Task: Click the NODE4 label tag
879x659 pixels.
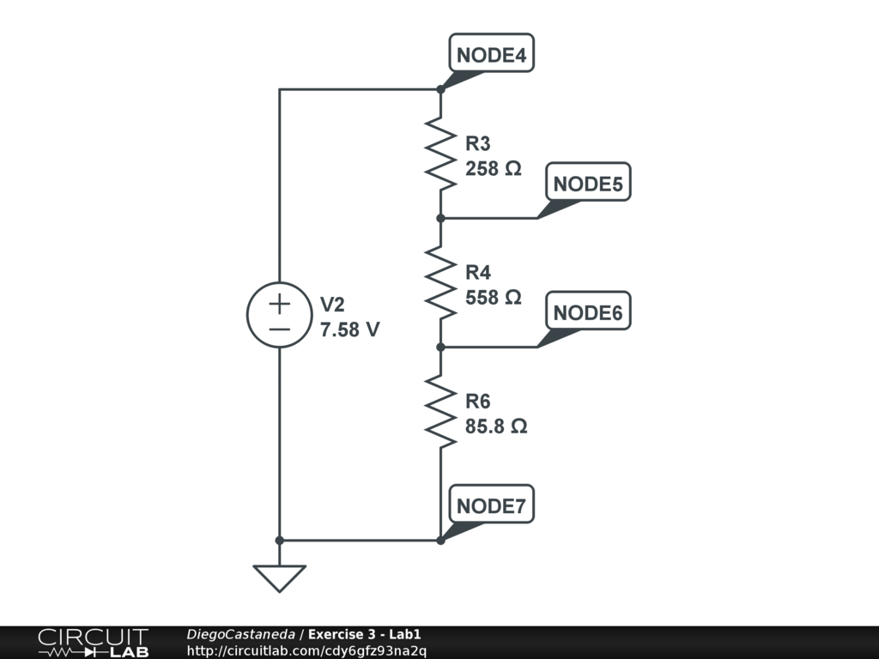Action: point(492,55)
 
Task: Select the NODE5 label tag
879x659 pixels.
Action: point(588,184)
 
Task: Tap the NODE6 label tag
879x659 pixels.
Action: point(588,313)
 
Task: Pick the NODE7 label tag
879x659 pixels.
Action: point(491,506)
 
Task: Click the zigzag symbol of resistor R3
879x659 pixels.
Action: point(440,154)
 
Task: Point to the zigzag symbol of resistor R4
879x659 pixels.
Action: point(440,283)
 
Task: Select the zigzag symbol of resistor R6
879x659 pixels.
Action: point(440,412)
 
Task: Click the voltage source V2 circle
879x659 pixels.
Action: point(279,315)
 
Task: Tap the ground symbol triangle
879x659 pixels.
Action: point(279,577)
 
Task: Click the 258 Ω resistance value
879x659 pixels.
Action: point(494,169)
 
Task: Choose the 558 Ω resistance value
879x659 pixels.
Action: point(494,298)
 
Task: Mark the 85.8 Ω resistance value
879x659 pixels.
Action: point(496,426)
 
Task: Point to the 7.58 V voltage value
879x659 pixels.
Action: point(349,329)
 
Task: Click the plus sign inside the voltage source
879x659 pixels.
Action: point(279,303)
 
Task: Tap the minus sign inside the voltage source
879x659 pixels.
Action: point(279,329)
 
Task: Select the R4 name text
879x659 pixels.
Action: point(478,273)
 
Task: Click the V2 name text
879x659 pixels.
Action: point(332,305)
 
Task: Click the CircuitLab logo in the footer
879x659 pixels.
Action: point(93,643)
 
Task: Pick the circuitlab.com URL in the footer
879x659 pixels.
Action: point(306,650)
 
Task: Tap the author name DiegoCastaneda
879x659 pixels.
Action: point(240,634)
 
